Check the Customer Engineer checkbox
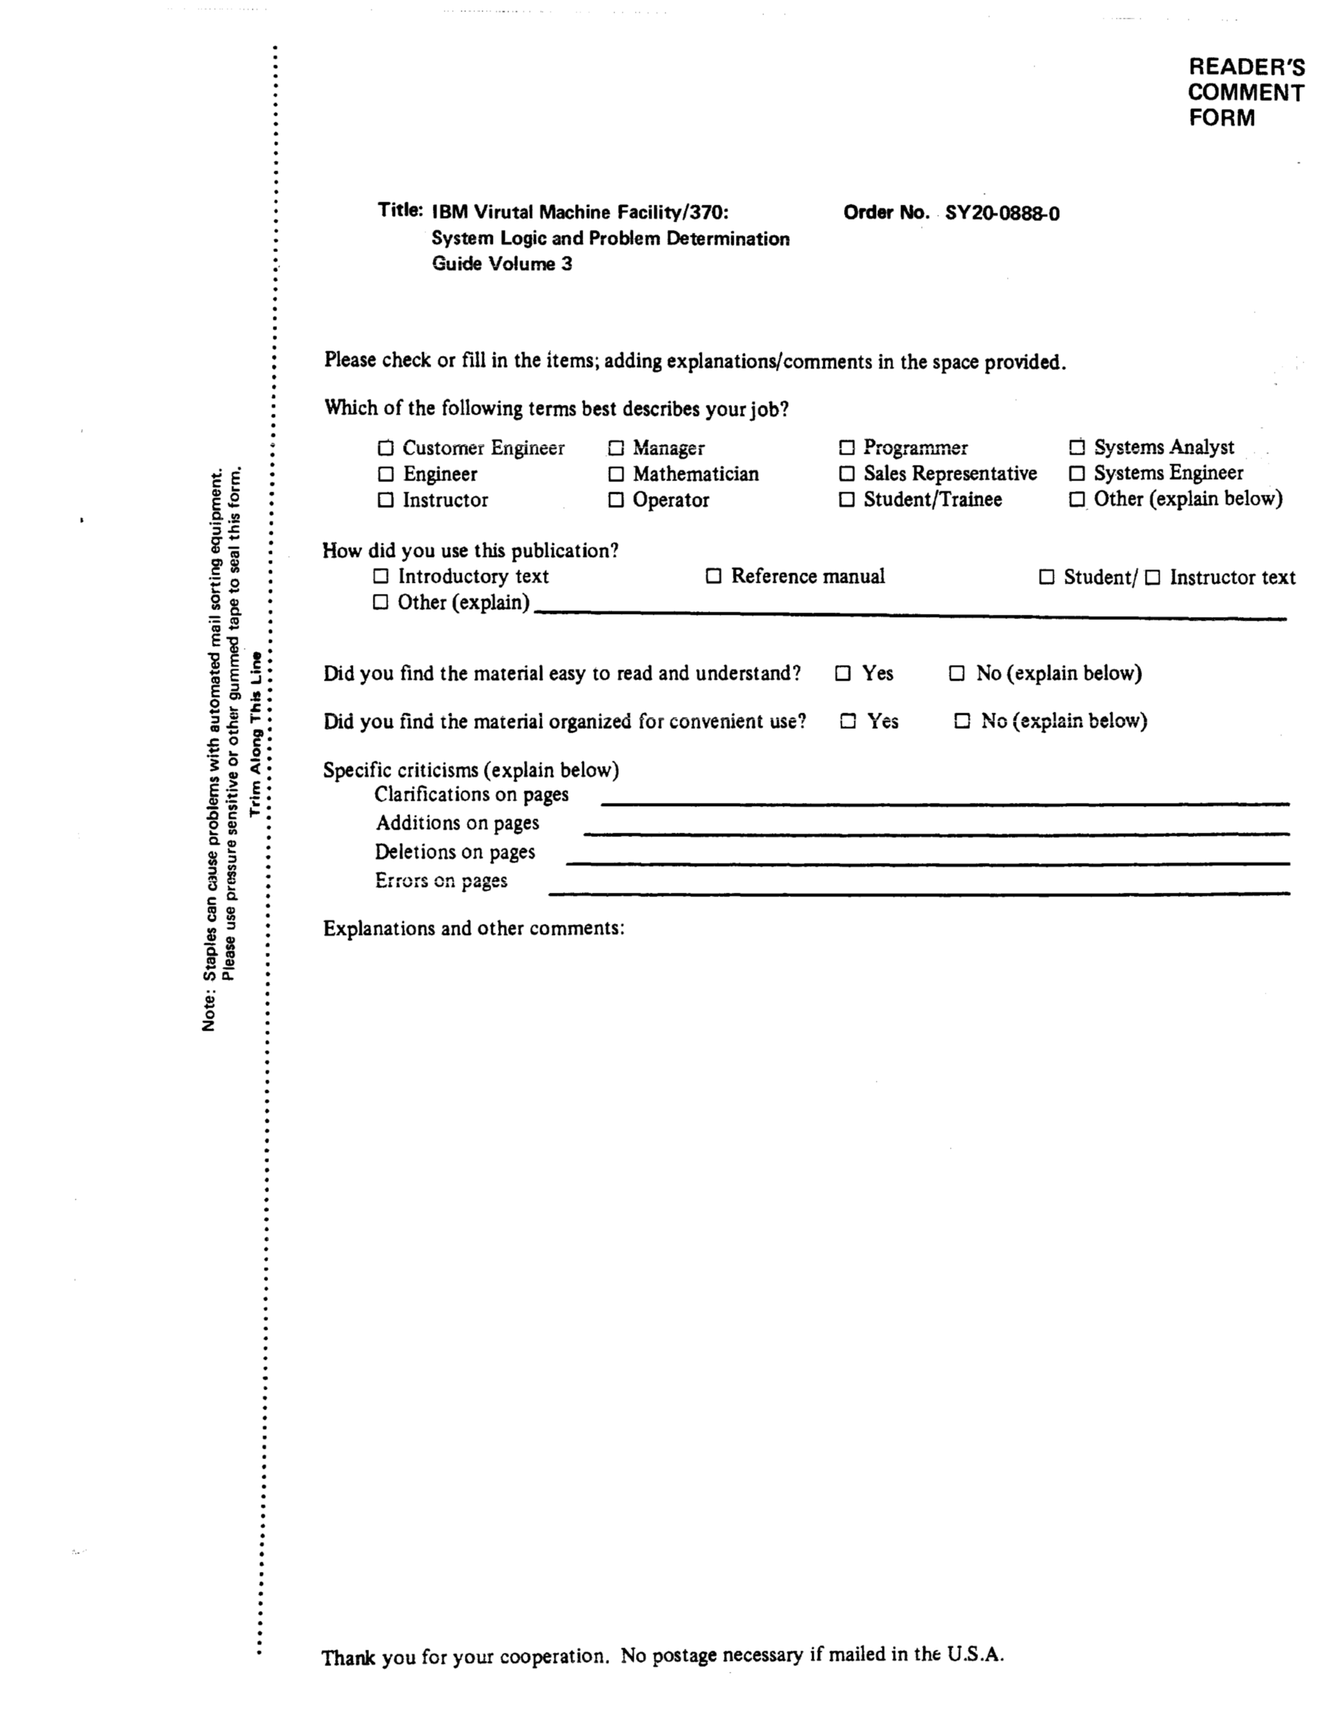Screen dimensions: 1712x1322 pos(385,449)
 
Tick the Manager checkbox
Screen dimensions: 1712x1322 pos(616,449)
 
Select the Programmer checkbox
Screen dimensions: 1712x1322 pos(846,448)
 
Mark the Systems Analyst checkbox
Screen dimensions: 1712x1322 pos(1077,448)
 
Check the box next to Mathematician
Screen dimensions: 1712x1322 pos(616,475)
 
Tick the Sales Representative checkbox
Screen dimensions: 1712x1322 pos(846,474)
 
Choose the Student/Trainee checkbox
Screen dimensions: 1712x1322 pos(846,499)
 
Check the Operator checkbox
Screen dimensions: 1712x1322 pos(616,500)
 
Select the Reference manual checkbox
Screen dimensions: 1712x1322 pos(713,576)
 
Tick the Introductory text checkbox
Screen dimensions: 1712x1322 pos(381,576)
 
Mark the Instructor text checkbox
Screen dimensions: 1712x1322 pos(1152,578)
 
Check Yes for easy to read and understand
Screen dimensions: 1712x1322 pos(843,673)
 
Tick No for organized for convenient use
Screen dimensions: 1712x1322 pos(962,721)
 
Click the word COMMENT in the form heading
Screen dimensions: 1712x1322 pos(1245,93)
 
